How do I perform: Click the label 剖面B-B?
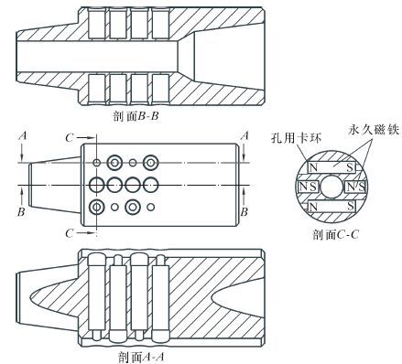(136, 116)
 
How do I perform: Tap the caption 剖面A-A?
(141, 357)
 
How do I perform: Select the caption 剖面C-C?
(335, 234)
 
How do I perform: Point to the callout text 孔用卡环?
(296, 138)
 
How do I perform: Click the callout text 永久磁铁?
(374, 130)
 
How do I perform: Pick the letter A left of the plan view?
(23, 135)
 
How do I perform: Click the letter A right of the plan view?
(244, 135)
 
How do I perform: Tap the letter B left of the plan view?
(21, 211)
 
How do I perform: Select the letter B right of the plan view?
(244, 211)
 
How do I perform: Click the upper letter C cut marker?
(70, 138)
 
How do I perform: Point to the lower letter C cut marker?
(70, 233)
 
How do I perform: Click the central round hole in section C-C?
(331, 187)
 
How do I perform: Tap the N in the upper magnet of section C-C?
(313, 167)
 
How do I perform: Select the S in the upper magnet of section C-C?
(350, 167)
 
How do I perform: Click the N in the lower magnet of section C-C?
(313, 207)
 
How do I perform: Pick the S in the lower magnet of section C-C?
(351, 207)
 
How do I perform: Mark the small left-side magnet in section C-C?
(308, 187)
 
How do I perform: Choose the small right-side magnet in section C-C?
(355, 187)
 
